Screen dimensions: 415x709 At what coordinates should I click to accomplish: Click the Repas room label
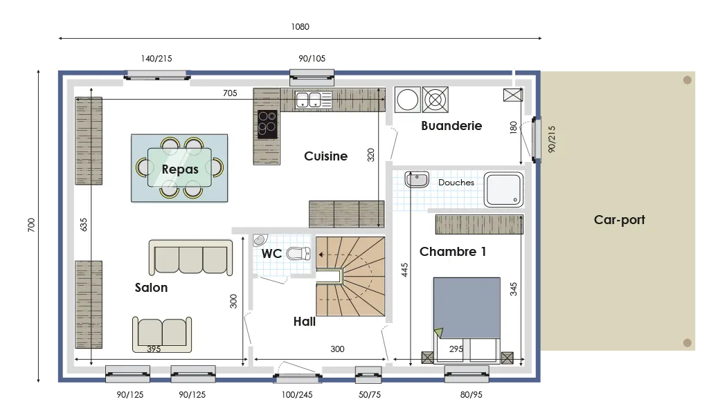180,169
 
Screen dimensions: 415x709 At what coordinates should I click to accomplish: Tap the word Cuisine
325,156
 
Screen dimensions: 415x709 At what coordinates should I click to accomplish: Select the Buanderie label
451,126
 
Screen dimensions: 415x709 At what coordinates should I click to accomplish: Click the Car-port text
619,220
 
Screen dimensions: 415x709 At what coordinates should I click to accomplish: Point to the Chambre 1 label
453,252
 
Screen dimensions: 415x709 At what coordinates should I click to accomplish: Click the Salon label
151,288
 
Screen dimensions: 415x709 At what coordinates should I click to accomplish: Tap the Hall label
304,322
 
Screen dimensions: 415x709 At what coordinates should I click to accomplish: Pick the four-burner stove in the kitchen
267,124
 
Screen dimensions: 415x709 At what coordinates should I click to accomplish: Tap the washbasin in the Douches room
417,180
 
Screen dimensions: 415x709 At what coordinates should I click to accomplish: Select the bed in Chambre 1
467,311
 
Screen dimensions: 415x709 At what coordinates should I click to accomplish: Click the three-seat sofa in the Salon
190,258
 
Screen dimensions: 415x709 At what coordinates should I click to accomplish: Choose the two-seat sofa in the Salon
162,334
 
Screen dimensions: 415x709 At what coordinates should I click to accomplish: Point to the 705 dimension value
230,93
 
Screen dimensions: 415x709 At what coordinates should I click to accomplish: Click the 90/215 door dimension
552,138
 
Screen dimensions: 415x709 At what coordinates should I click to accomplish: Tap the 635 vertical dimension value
84,225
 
